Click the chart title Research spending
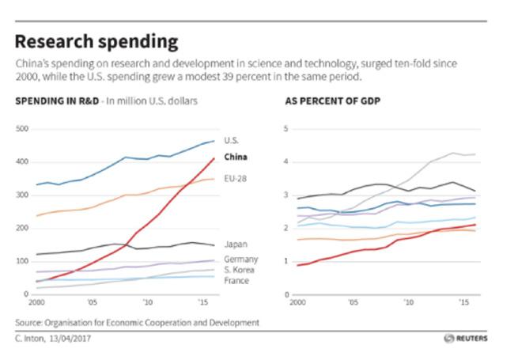tap(96, 42)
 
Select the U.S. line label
tap(231, 141)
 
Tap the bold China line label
tap(236, 157)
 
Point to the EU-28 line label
tap(236, 179)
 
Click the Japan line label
tap(235, 244)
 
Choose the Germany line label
tap(240, 260)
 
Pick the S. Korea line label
tap(240, 271)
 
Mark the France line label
tap(236, 281)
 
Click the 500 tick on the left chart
tap(21, 129)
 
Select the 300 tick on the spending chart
tap(21, 195)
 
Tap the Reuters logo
tap(466, 338)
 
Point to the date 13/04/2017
tap(71, 338)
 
